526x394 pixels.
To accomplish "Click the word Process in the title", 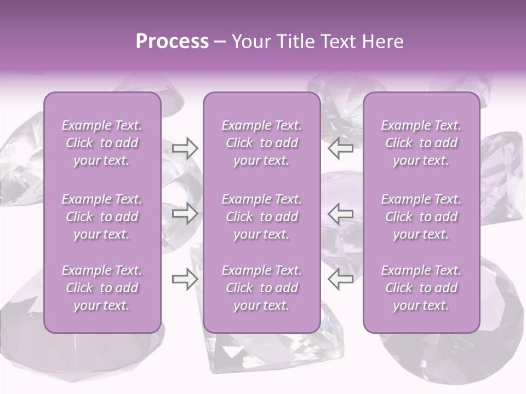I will click(172, 42).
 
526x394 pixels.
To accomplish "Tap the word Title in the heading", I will click(296, 42).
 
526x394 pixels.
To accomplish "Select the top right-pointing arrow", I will click(185, 148).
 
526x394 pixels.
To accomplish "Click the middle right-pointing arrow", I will click(185, 213).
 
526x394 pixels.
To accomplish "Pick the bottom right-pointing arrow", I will click(185, 279).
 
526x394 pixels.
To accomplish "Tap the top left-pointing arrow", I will click(340, 148).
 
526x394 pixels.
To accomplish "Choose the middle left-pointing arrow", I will click(340, 213).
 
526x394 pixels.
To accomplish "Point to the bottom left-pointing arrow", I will click(340, 279).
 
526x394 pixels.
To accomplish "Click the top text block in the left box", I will click(102, 143).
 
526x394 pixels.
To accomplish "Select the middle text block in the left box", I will click(102, 217).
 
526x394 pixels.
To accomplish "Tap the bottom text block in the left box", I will click(102, 288).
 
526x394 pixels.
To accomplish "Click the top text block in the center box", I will click(261, 143).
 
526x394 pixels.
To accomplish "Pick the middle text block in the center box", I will click(261, 217).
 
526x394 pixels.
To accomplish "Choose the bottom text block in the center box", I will click(261, 288).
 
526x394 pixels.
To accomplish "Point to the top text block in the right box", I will click(421, 143).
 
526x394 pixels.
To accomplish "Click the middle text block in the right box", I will click(421, 217).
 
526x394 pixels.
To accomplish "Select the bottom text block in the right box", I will click(421, 288).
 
